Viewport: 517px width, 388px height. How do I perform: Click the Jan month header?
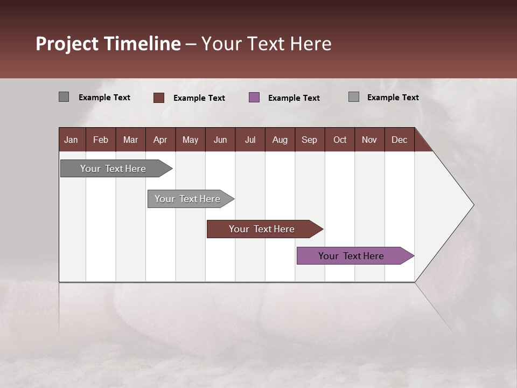pos(71,140)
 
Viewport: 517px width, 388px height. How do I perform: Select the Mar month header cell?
pos(130,140)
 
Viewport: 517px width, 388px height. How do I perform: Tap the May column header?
pos(190,140)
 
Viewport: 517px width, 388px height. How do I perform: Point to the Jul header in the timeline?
pos(250,140)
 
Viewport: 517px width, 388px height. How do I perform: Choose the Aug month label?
pos(280,140)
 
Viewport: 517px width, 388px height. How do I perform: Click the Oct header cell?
pos(340,140)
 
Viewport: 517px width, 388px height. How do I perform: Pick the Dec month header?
pos(399,140)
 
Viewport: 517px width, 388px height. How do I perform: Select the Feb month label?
pos(101,140)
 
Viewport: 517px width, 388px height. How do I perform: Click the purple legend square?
pos(254,98)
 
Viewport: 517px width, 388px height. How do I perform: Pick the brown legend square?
pos(159,98)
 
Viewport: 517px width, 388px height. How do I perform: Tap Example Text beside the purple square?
pos(294,98)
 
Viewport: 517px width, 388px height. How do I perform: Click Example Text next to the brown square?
pos(199,98)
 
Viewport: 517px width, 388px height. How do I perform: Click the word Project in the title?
pos(67,44)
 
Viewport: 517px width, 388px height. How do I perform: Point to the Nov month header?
pos(369,140)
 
